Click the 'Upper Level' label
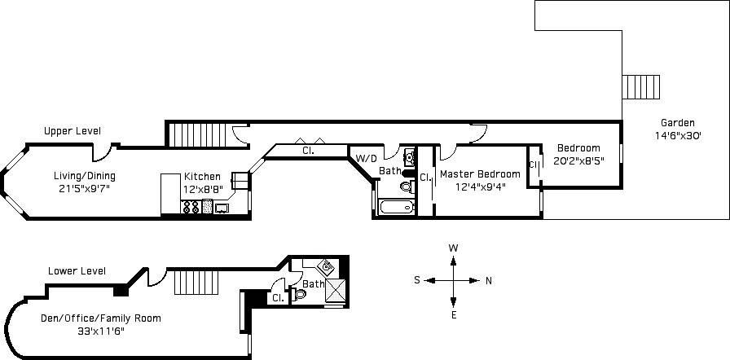click(x=73, y=131)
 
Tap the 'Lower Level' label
click(x=77, y=270)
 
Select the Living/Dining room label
click(x=84, y=176)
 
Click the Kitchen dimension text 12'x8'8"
click(x=203, y=189)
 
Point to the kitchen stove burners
click(x=191, y=207)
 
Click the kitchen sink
click(x=222, y=208)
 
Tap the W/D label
click(x=366, y=158)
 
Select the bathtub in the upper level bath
click(x=396, y=207)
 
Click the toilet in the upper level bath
click(x=407, y=187)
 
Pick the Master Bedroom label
click(x=480, y=174)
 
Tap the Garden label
click(x=677, y=123)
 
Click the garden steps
click(x=641, y=87)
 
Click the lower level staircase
click(x=196, y=283)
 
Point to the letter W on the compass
click(x=454, y=248)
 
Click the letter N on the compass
click(x=489, y=280)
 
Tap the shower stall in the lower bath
click(x=335, y=290)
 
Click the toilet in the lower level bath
click(x=300, y=294)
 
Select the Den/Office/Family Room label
click(x=100, y=318)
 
